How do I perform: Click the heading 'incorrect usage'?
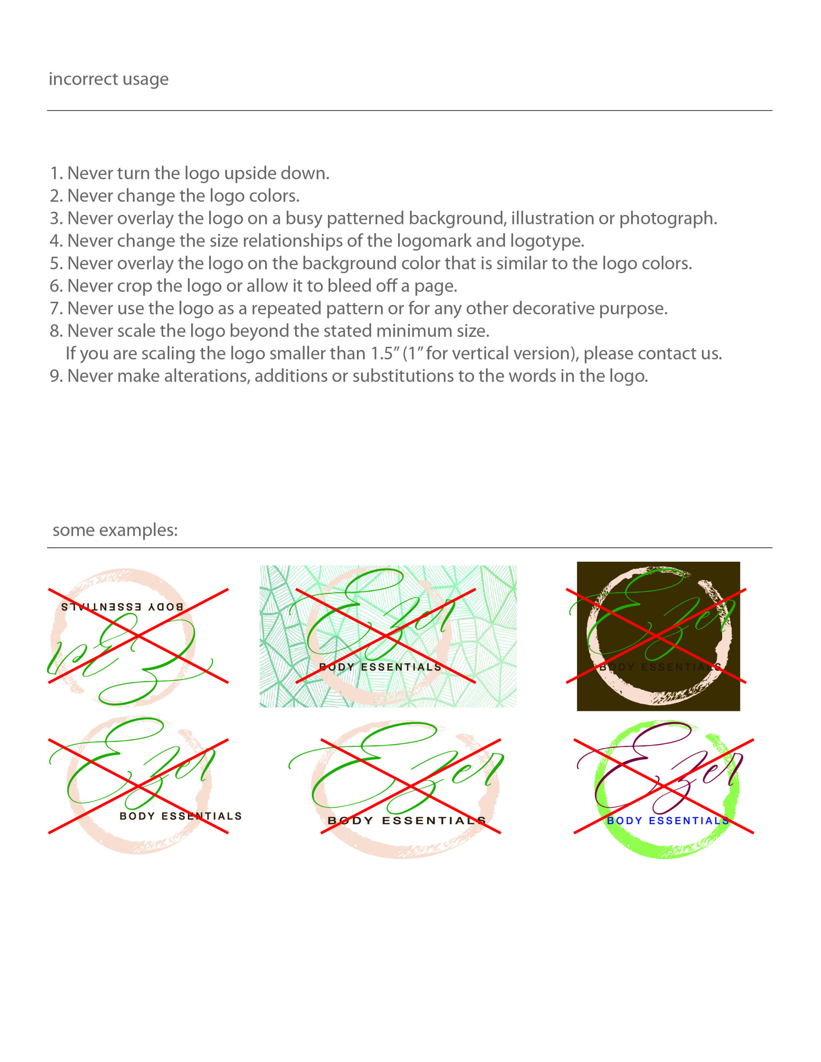tap(108, 79)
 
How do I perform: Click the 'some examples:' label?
tap(115, 530)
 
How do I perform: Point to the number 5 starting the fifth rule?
tap(54, 263)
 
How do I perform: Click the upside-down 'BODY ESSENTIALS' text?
tap(122, 607)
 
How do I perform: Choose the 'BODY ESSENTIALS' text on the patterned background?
tap(380, 667)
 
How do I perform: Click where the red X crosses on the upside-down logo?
tap(138, 636)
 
